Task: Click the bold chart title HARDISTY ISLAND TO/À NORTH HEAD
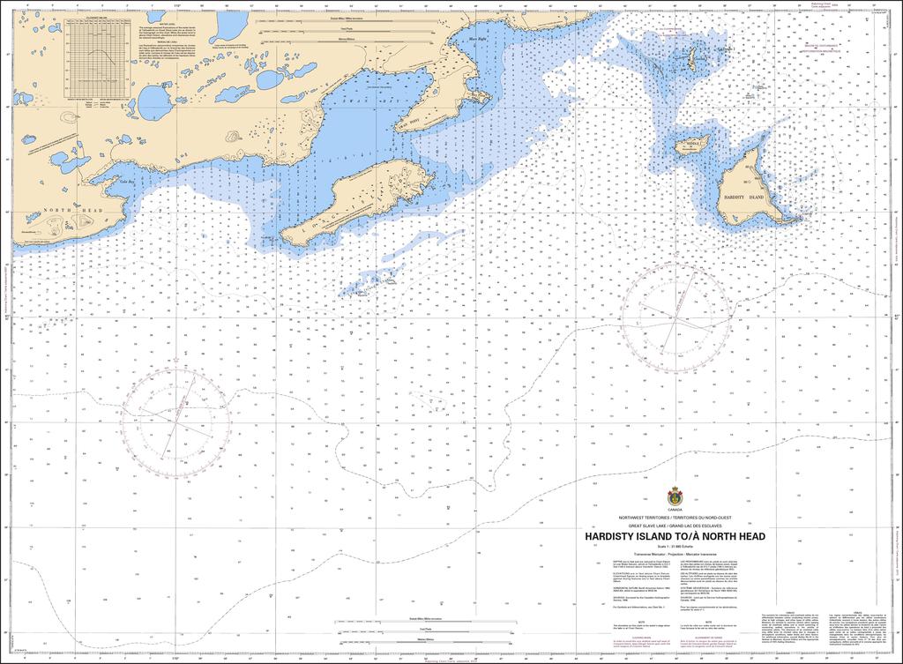point(675,536)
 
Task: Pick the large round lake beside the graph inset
point(153,102)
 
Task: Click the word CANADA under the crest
point(675,511)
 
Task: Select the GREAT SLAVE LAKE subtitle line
point(675,526)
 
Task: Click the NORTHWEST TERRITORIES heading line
point(675,518)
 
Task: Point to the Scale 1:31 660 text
point(675,546)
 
